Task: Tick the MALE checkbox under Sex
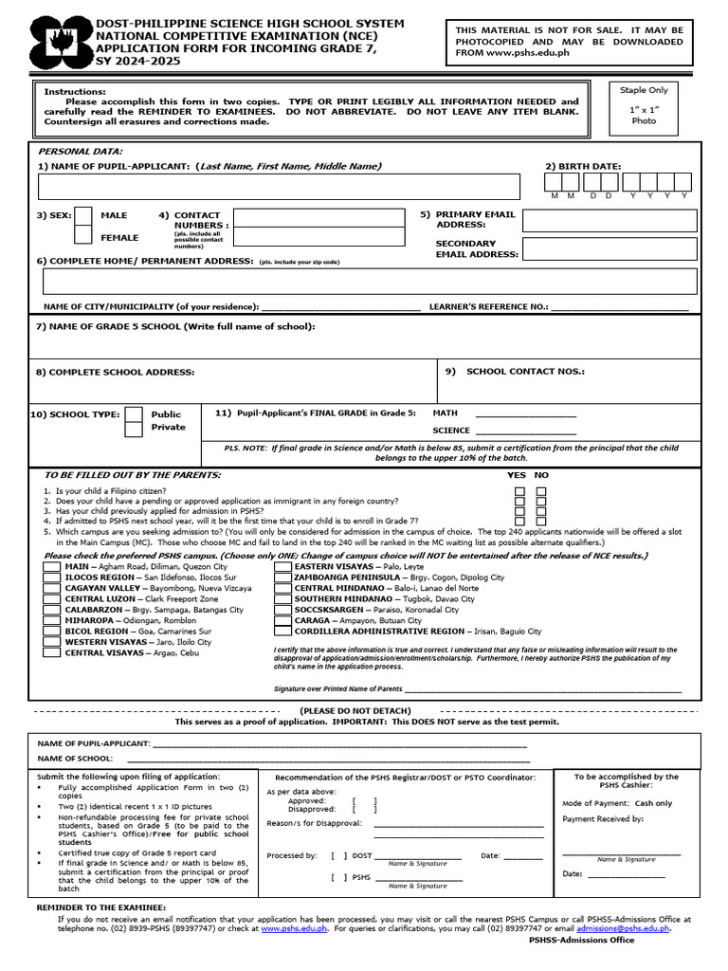[83, 216]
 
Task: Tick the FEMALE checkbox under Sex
[83, 235]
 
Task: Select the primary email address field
[610, 221]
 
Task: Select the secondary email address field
[610, 248]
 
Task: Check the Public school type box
[135, 414]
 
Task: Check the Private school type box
[135, 428]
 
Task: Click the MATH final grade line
[525, 415]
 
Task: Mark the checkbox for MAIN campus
[52, 566]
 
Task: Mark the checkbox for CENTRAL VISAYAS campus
[52, 652]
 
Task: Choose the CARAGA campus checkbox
[282, 620]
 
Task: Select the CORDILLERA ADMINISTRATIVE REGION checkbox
[282, 631]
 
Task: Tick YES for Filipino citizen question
[519, 491]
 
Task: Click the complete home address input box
[370, 282]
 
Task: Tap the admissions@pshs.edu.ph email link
[623, 929]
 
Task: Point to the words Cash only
[653, 803]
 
